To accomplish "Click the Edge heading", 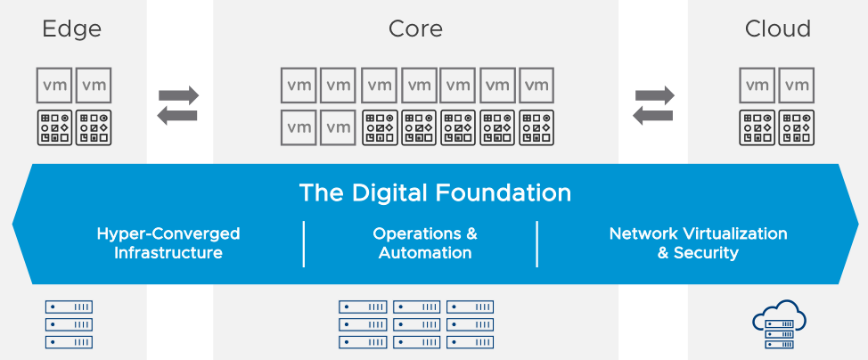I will (72, 29).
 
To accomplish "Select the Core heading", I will (415, 29).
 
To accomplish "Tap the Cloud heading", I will (778, 29).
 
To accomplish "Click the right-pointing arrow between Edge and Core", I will (178, 95).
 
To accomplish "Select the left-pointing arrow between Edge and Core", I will (178, 115).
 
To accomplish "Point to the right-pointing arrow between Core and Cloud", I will (654, 94).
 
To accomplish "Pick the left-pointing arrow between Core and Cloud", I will (654, 114).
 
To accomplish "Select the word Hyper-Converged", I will (168, 234).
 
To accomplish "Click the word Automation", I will (425, 253).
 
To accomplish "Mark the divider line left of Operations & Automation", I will (304, 243).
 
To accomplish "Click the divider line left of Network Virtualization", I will (537, 243).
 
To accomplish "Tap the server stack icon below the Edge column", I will (70, 324).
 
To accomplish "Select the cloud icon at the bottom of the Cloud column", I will (778, 323).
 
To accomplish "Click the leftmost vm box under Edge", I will (54, 86).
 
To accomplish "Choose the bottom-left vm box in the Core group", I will (299, 127).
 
